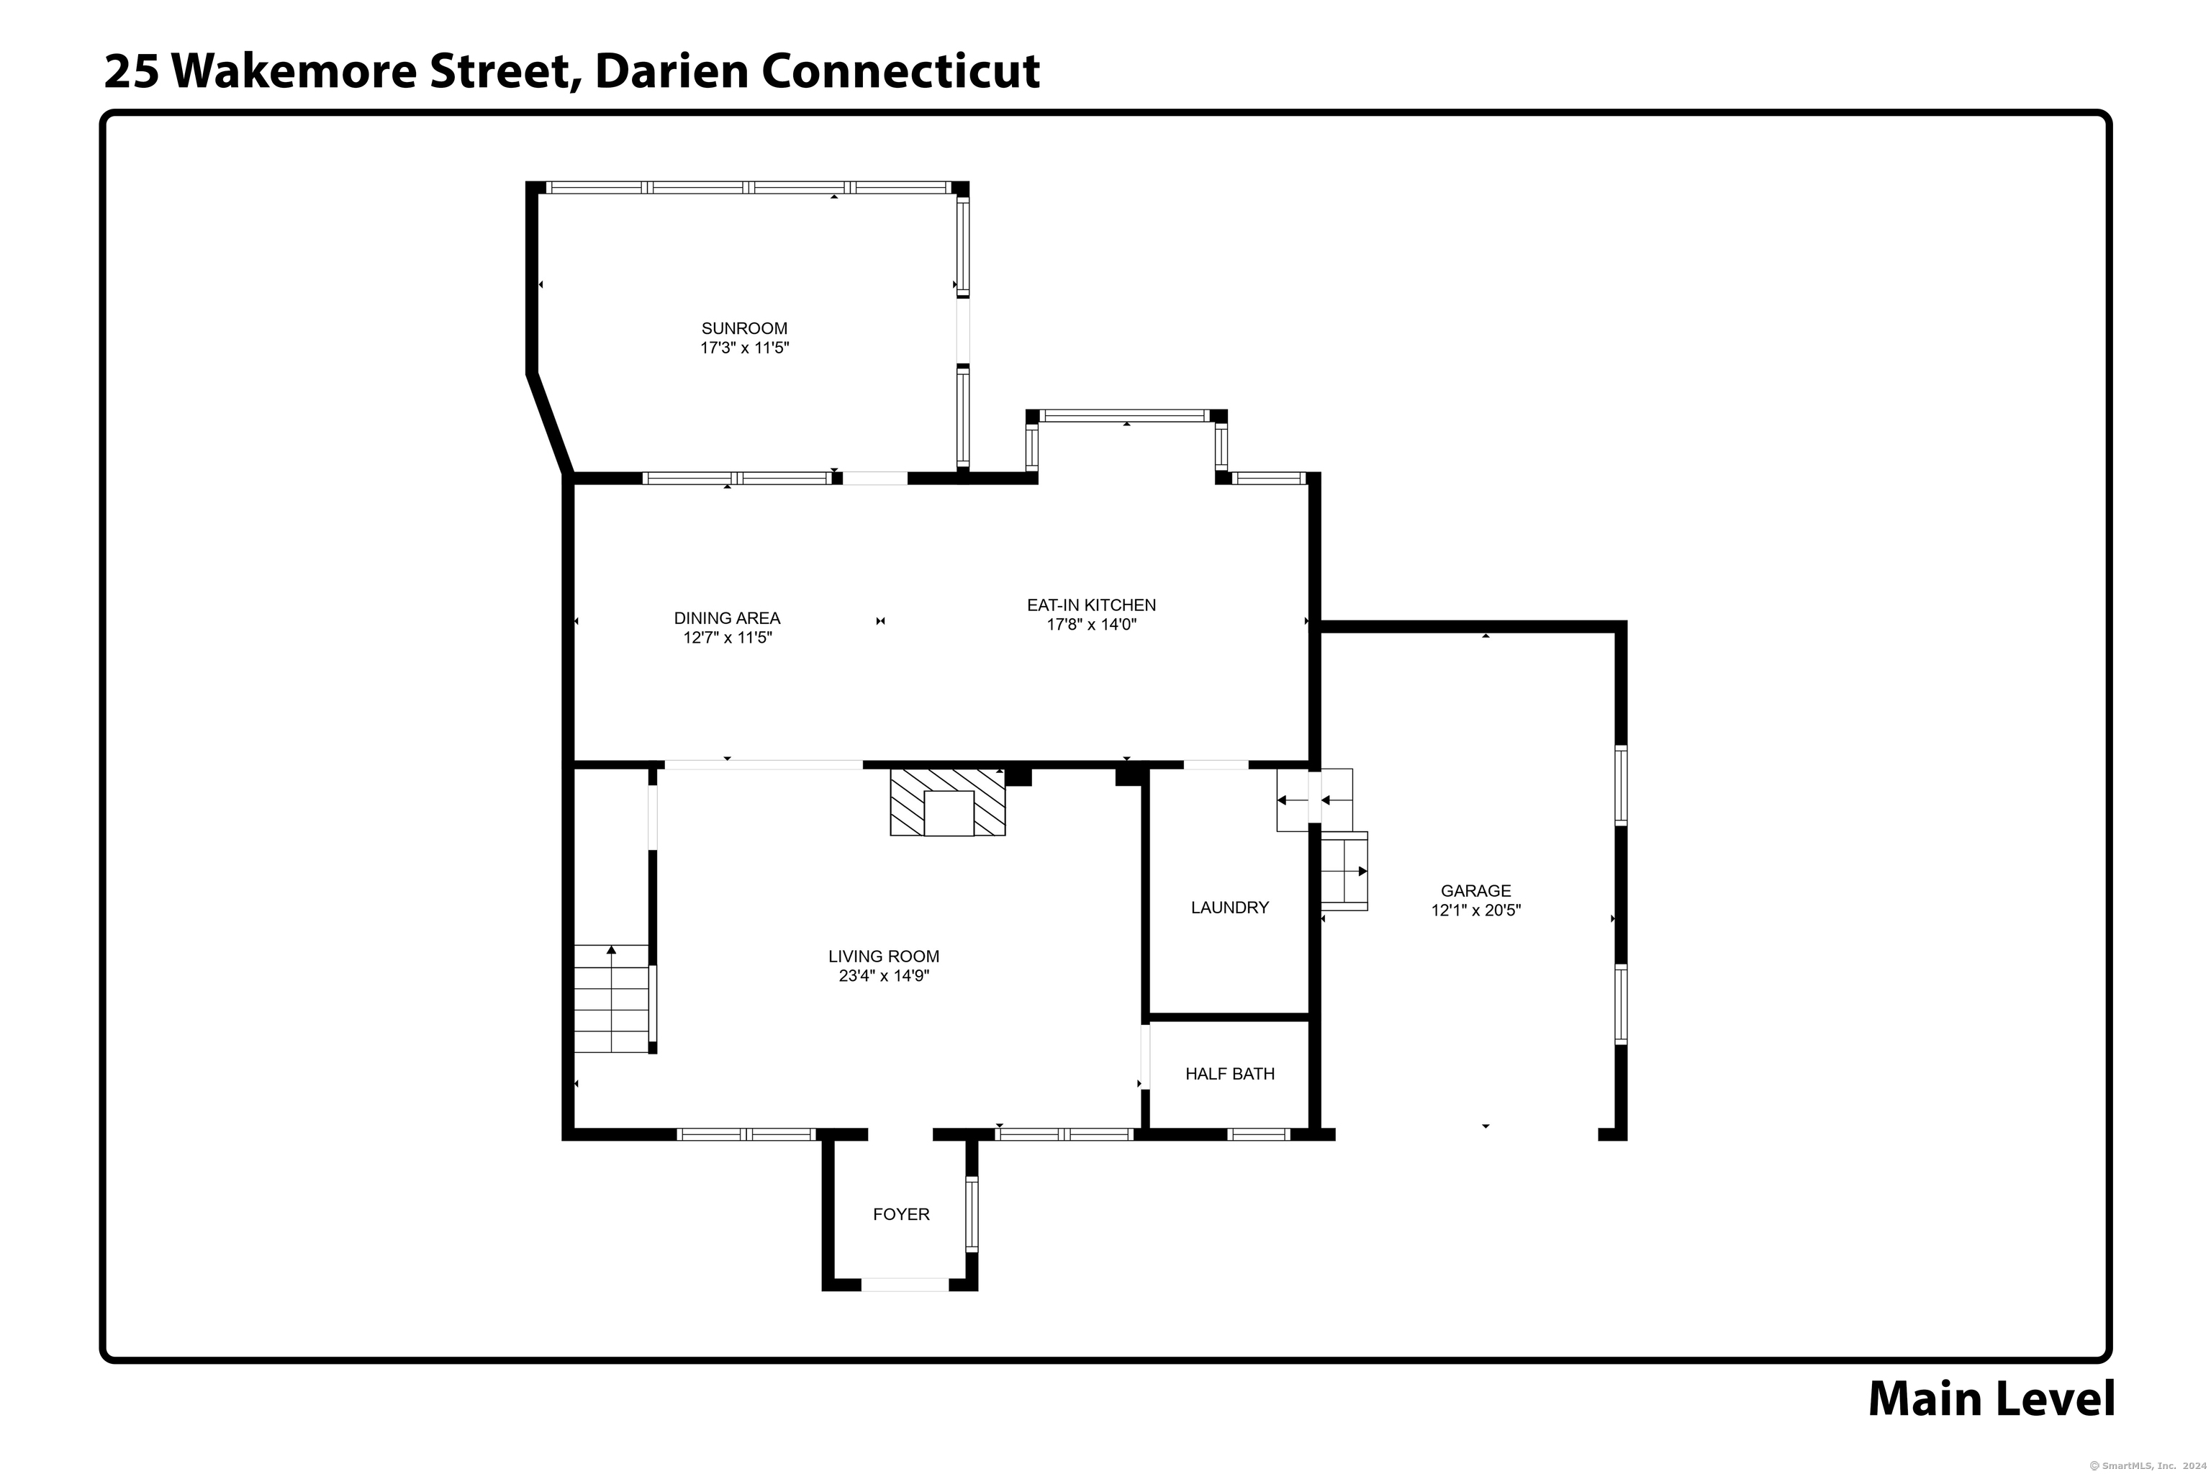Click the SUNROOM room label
743,328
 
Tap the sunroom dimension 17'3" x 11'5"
743,348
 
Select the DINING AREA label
727,618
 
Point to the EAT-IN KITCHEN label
1090,605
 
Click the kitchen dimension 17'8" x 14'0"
1091,624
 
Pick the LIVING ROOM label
884,956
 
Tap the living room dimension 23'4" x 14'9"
884,976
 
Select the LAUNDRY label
1229,907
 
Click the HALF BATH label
1229,1074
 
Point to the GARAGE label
1476,890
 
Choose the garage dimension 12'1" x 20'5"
1476,910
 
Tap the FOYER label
900,1213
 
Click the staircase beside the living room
611,998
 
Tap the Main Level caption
1991,1399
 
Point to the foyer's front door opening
904,1284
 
